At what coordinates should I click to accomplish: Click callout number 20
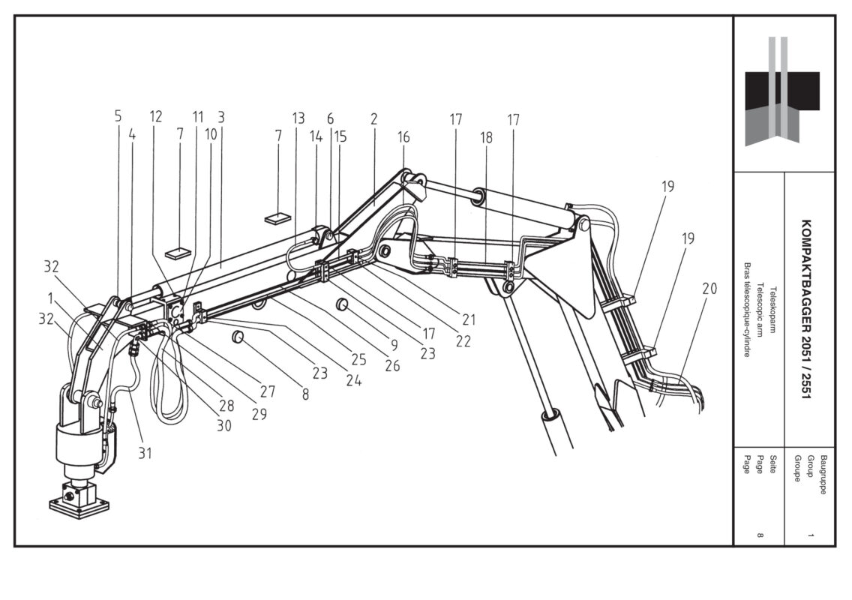point(709,289)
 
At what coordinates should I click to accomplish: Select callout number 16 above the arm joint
point(403,137)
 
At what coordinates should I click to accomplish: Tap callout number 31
point(145,453)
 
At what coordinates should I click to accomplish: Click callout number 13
point(298,118)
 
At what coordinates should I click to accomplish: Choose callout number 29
point(259,412)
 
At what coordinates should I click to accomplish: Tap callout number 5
point(118,116)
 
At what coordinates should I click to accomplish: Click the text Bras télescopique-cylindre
point(747,310)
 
